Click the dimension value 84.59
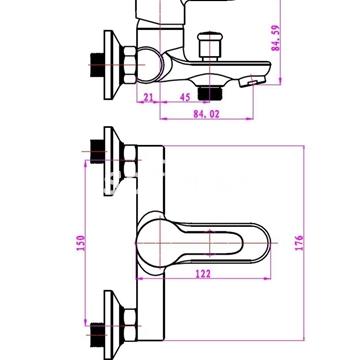[276, 38]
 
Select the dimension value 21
[148, 97]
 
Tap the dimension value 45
[185, 97]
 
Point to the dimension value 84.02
[207, 114]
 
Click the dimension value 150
[81, 243]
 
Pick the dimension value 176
[299, 243]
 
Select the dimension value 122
[203, 274]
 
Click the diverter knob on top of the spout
[210, 46]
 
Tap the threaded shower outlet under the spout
[210, 93]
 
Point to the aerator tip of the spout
[252, 82]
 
